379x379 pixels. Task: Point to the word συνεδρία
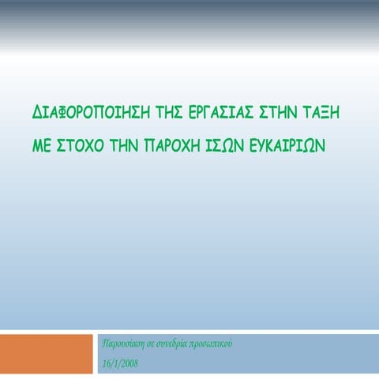pos(180,345)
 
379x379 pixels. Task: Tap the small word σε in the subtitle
pos(156,345)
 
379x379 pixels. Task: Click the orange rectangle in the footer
pos(47,354)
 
